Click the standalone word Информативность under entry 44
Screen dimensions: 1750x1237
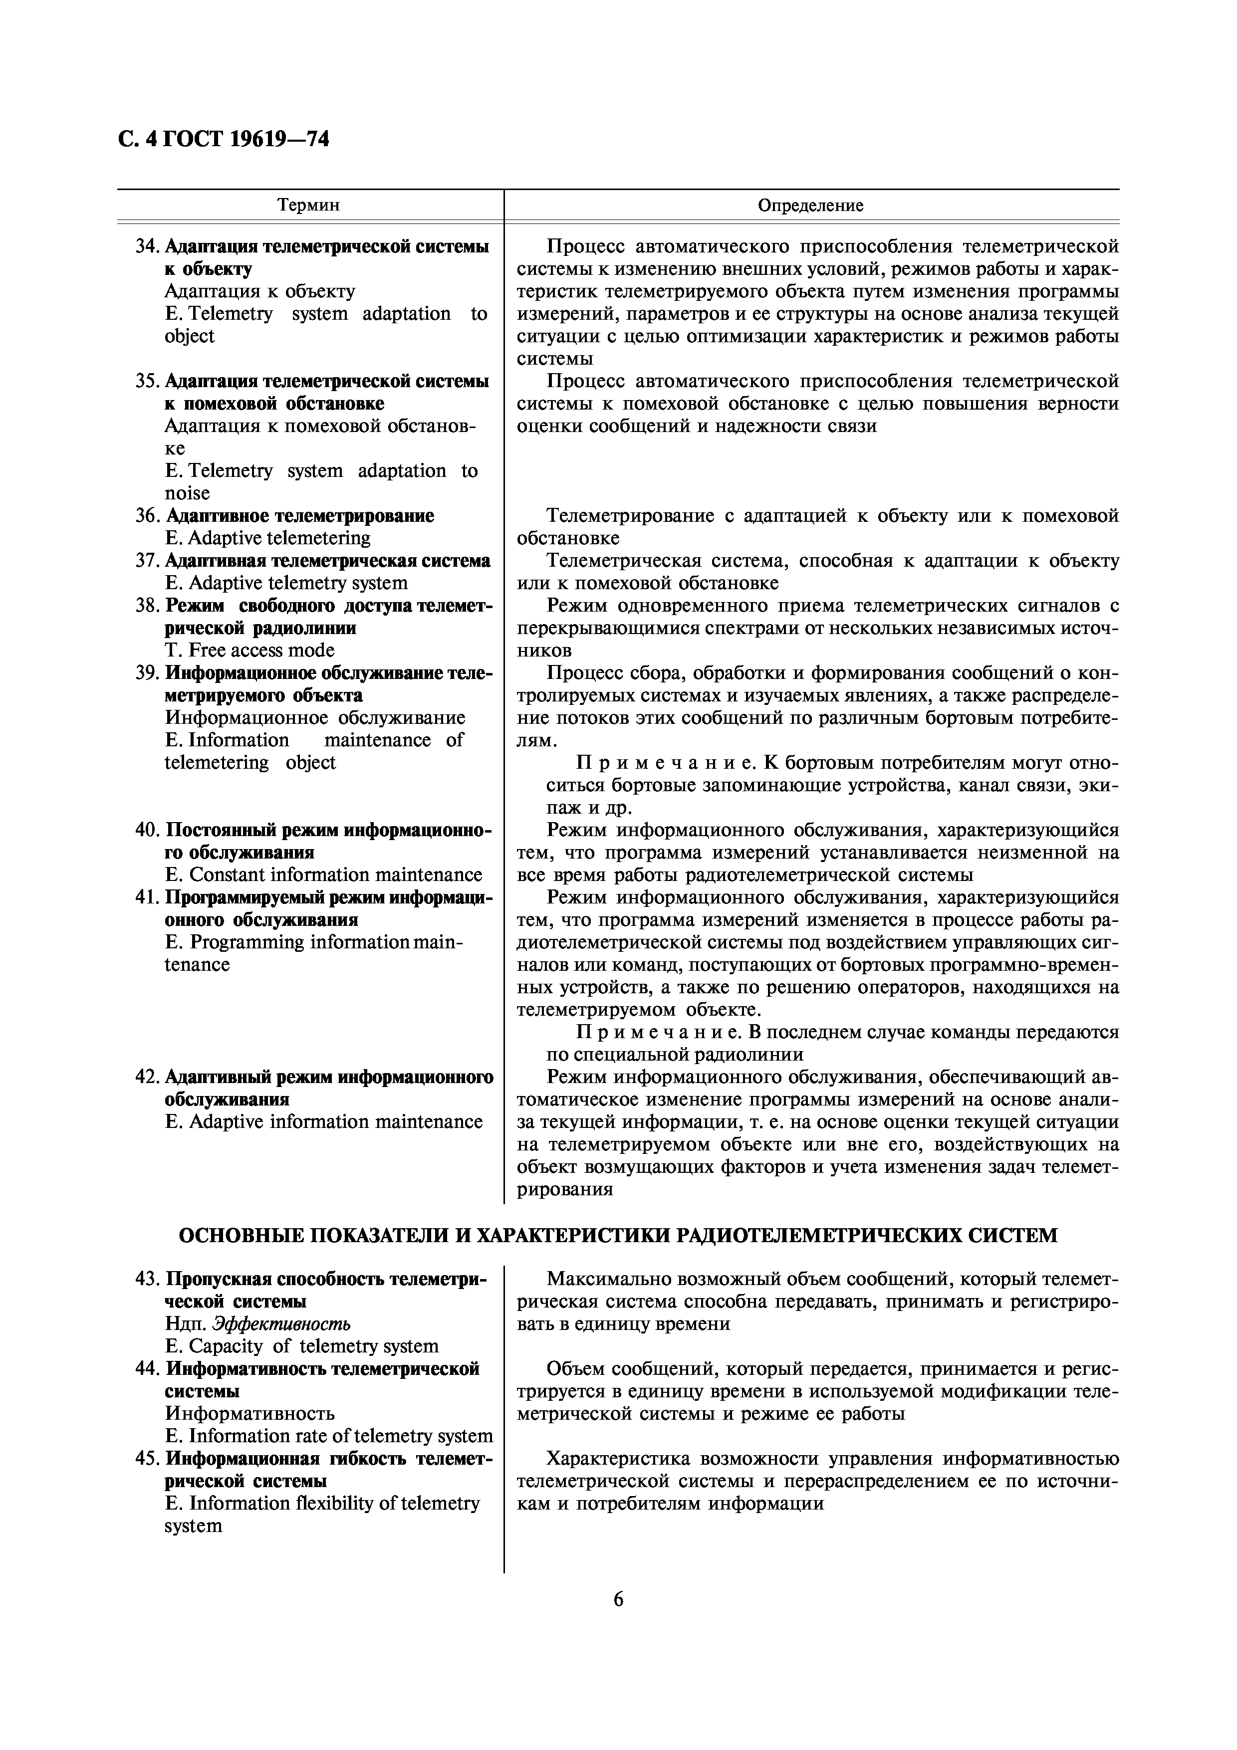(249, 1413)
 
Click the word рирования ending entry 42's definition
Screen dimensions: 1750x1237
(565, 1188)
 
